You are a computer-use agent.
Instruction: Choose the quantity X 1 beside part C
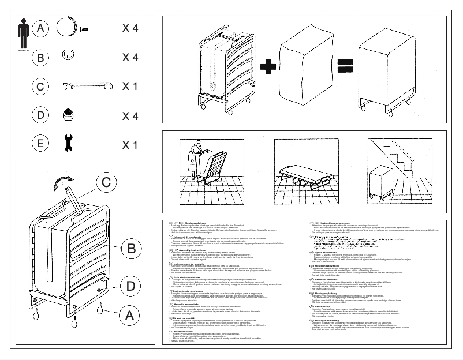129,87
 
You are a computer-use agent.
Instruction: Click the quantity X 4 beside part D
130,115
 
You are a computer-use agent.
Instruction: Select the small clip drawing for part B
68,56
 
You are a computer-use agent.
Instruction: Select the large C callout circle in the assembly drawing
104,182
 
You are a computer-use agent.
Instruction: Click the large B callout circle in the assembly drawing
131,249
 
